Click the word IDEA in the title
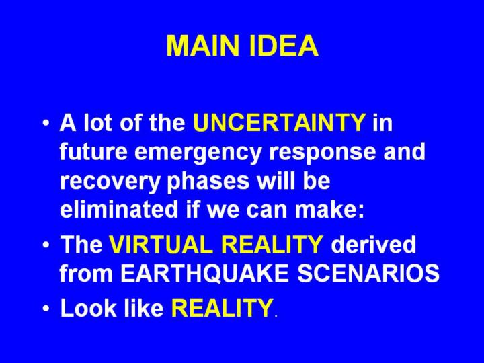[284, 46]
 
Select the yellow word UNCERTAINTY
[280, 122]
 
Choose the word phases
[208, 182]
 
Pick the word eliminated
[119, 209]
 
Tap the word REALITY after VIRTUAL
[272, 244]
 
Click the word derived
[373, 244]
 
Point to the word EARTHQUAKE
[204, 273]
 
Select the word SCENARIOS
[368, 273]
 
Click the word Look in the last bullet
[89, 307]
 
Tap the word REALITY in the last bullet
[222, 307]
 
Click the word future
[93, 152]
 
